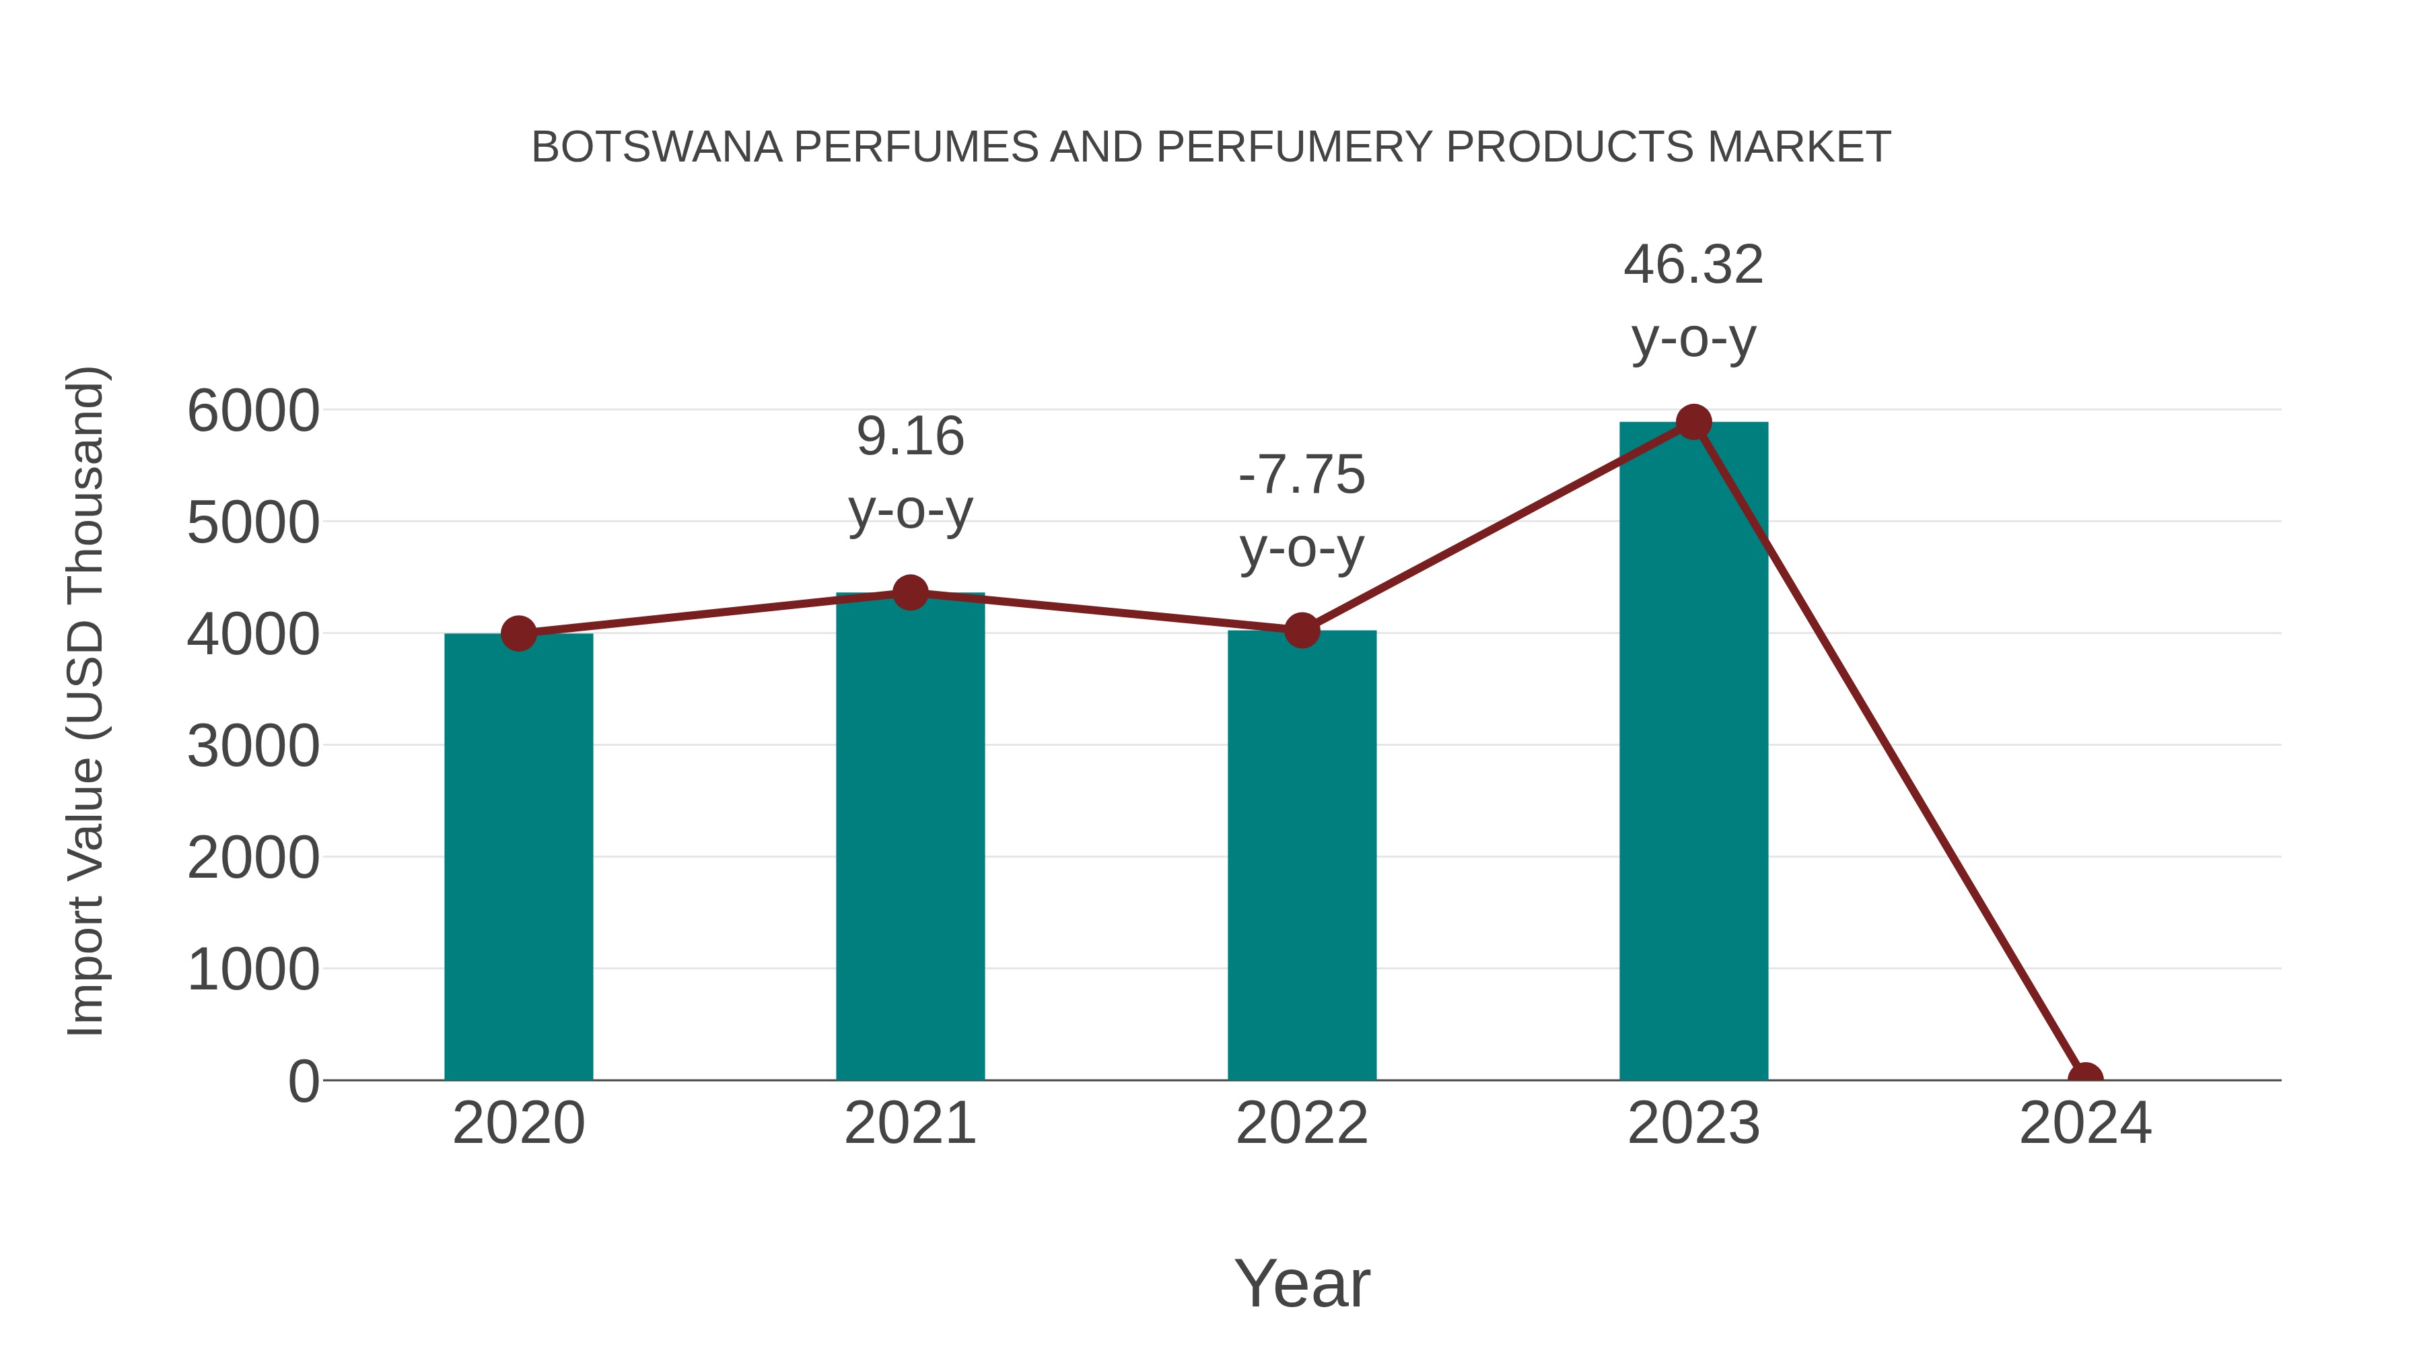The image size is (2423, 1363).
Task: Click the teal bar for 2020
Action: pos(518,856)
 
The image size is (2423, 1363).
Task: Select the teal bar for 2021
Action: pos(909,837)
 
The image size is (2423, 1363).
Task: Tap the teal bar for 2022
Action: pos(1301,856)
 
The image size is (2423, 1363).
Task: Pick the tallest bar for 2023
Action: pos(1693,753)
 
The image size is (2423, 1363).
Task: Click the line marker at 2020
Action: pos(518,634)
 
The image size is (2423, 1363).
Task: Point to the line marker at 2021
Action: pos(909,592)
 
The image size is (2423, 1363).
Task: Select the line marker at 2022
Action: pos(1301,630)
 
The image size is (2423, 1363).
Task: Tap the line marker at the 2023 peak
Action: pos(1693,422)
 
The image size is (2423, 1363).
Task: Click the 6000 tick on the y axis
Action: pos(253,411)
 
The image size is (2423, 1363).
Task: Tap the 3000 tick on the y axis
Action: pos(253,747)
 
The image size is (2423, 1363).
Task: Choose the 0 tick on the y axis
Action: pos(304,1082)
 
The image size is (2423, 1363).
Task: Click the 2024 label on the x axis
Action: pos(2085,1123)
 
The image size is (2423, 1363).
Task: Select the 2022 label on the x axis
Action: pos(1301,1123)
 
